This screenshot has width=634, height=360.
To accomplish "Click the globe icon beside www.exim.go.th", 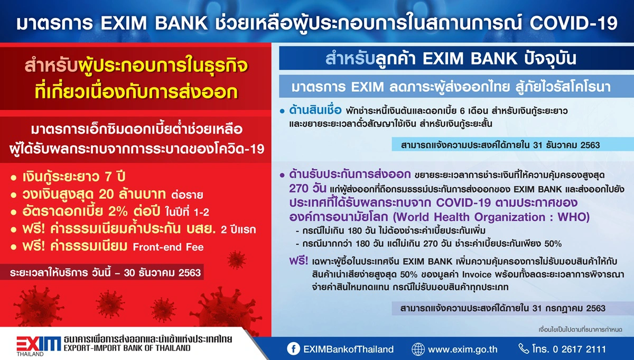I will [418, 349].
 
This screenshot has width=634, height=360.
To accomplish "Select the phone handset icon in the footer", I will [523, 349].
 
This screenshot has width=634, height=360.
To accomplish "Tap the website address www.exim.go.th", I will [463, 349].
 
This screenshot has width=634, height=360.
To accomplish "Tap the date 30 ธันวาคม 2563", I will [164, 273].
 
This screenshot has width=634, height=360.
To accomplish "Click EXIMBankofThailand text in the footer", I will [349, 349].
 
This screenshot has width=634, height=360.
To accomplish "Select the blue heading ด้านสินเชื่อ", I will [316, 111].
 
